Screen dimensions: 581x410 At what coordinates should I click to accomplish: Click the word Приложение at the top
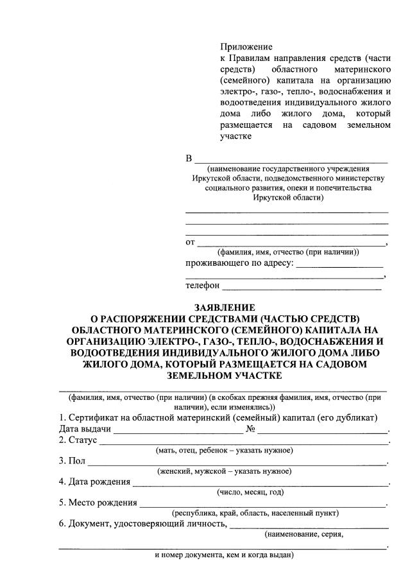pyautogui.click(x=246, y=47)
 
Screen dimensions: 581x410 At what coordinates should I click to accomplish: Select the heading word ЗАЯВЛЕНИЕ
pyautogui.click(x=224, y=307)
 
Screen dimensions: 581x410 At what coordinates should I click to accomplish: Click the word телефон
pyautogui.click(x=202, y=285)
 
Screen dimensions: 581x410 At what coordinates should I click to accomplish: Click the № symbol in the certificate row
pyautogui.click(x=252, y=429)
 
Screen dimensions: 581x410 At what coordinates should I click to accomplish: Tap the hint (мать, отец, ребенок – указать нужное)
pyautogui.click(x=224, y=451)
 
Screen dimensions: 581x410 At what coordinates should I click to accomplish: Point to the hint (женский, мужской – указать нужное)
pyautogui.click(x=224, y=471)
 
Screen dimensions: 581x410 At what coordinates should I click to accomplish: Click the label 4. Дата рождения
pyautogui.click(x=94, y=481)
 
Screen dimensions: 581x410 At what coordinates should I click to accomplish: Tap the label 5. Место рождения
pyautogui.click(x=98, y=502)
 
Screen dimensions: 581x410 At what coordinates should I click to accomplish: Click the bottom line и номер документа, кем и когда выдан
pyautogui.click(x=224, y=554)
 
